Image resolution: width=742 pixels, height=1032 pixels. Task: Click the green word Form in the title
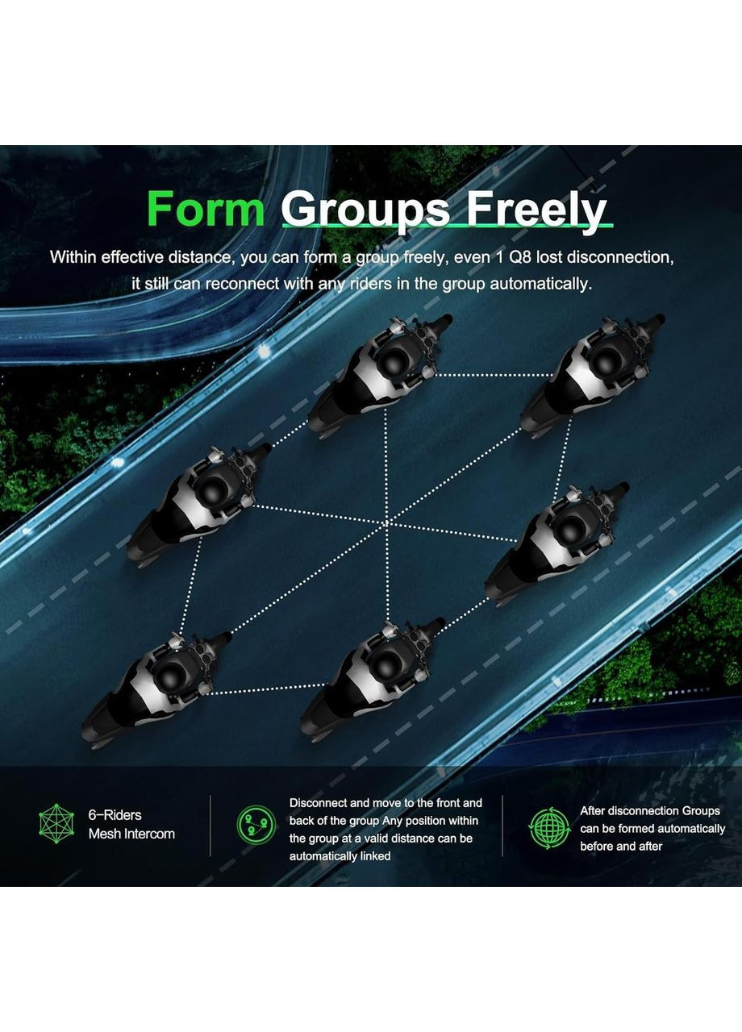tap(206, 209)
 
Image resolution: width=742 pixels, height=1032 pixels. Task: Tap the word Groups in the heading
tap(365, 213)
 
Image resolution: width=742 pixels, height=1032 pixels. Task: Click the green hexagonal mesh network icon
tap(56, 824)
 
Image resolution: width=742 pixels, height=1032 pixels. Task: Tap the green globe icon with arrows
tap(549, 829)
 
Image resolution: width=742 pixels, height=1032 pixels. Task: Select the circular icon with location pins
tap(256, 825)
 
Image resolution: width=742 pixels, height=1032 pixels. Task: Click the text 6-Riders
tap(115, 815)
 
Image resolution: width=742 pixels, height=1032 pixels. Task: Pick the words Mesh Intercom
tap(131, 834)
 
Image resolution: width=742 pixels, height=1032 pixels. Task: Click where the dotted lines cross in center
tap(387, 523)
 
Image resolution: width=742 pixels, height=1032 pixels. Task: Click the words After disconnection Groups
tap(650, 811)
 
